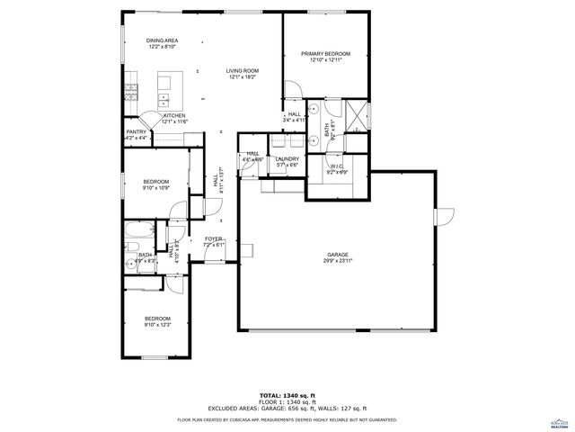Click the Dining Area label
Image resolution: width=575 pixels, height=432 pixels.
click(162, 40)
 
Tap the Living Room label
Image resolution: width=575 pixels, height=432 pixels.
click(242, 70)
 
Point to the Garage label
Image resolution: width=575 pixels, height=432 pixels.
click(337, 255)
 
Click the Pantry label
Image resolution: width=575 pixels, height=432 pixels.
click(136, 131)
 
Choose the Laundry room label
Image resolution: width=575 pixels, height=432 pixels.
click(287, 159)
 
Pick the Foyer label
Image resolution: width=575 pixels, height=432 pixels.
click(213, 239)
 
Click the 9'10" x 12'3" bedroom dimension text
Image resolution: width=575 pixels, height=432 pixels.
click(158, 325)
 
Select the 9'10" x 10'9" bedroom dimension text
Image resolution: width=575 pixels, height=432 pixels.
click(156, 188)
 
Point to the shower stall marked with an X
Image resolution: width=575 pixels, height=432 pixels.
click(357, 117)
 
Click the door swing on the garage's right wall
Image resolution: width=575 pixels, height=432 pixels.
click(444, 217)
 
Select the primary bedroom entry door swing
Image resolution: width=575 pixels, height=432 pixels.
click(294, 91)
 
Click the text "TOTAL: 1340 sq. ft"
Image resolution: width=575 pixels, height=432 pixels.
click(287, 395)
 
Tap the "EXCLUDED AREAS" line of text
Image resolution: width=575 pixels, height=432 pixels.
click(287, 409)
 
